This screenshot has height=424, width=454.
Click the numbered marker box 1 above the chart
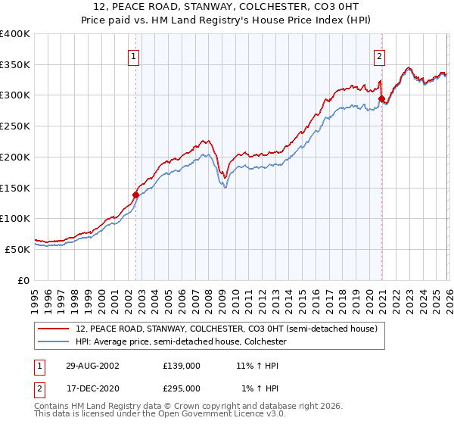[134, 55]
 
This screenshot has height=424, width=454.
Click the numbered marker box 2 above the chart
[378, 55]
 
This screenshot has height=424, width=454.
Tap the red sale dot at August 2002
[136, 195]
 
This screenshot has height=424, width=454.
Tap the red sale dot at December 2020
[381, 98]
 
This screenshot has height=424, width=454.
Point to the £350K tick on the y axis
[15, 65]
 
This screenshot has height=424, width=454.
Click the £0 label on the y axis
[23, 280]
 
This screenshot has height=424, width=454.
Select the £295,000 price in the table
[182, 388]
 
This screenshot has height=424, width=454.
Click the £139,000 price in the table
[182, 365]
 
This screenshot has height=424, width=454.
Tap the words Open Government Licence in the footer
[210, 415]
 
